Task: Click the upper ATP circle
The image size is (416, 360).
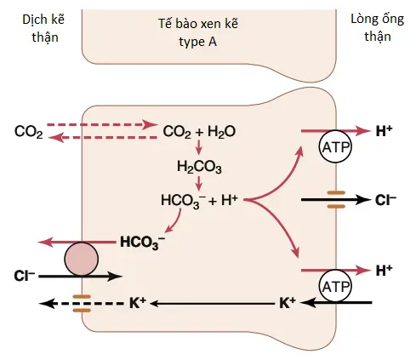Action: pyautogui.click(x=335, y=146)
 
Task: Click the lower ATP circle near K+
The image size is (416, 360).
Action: pyautogui.click(x=335, y=286)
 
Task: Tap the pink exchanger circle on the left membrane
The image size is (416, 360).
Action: pyautogui.click(x=82, y=259)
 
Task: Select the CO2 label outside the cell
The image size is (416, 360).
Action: pyautogui.click(x=29, y=132)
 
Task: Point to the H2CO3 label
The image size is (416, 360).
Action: pyautogui.click(x=199, y=167)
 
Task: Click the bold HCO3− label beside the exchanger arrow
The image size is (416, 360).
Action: pyautogui.click(x=142, y=243)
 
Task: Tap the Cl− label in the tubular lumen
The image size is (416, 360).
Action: pyautogui.click(x=385, y=200)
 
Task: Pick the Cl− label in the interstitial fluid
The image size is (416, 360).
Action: pyautogui.click(x=25, y=276)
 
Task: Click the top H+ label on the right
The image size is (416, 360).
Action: pyautogui.click(x=384, y=131)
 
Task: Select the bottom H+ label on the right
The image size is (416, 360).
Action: pyautogui.click(x=384, y=271)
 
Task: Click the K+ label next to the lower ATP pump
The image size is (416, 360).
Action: pyautogui.click(x=288, y=303)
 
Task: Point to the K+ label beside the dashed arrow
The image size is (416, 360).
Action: pyautogui.click(x=138, y=303)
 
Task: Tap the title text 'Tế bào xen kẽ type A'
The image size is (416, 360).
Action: pyautogui.click(x=198, y=32)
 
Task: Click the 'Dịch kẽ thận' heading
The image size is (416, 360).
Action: pyautogui.click(x=43, y=28)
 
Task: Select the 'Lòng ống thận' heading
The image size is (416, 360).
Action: pyautogui.click(x=378, y=27)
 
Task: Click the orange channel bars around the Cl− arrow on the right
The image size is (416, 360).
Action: pyautogui.click(x=336, y=200)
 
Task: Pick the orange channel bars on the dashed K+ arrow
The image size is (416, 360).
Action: pyautogui.click(x=82, y=303)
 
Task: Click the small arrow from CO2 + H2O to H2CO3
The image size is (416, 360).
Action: pyautogui.click(x=199, y=147)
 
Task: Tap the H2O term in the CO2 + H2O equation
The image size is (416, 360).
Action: pyautogui.click(x=221, y=132)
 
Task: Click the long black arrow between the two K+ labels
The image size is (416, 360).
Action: pyautogui.click(x=213, y=304)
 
